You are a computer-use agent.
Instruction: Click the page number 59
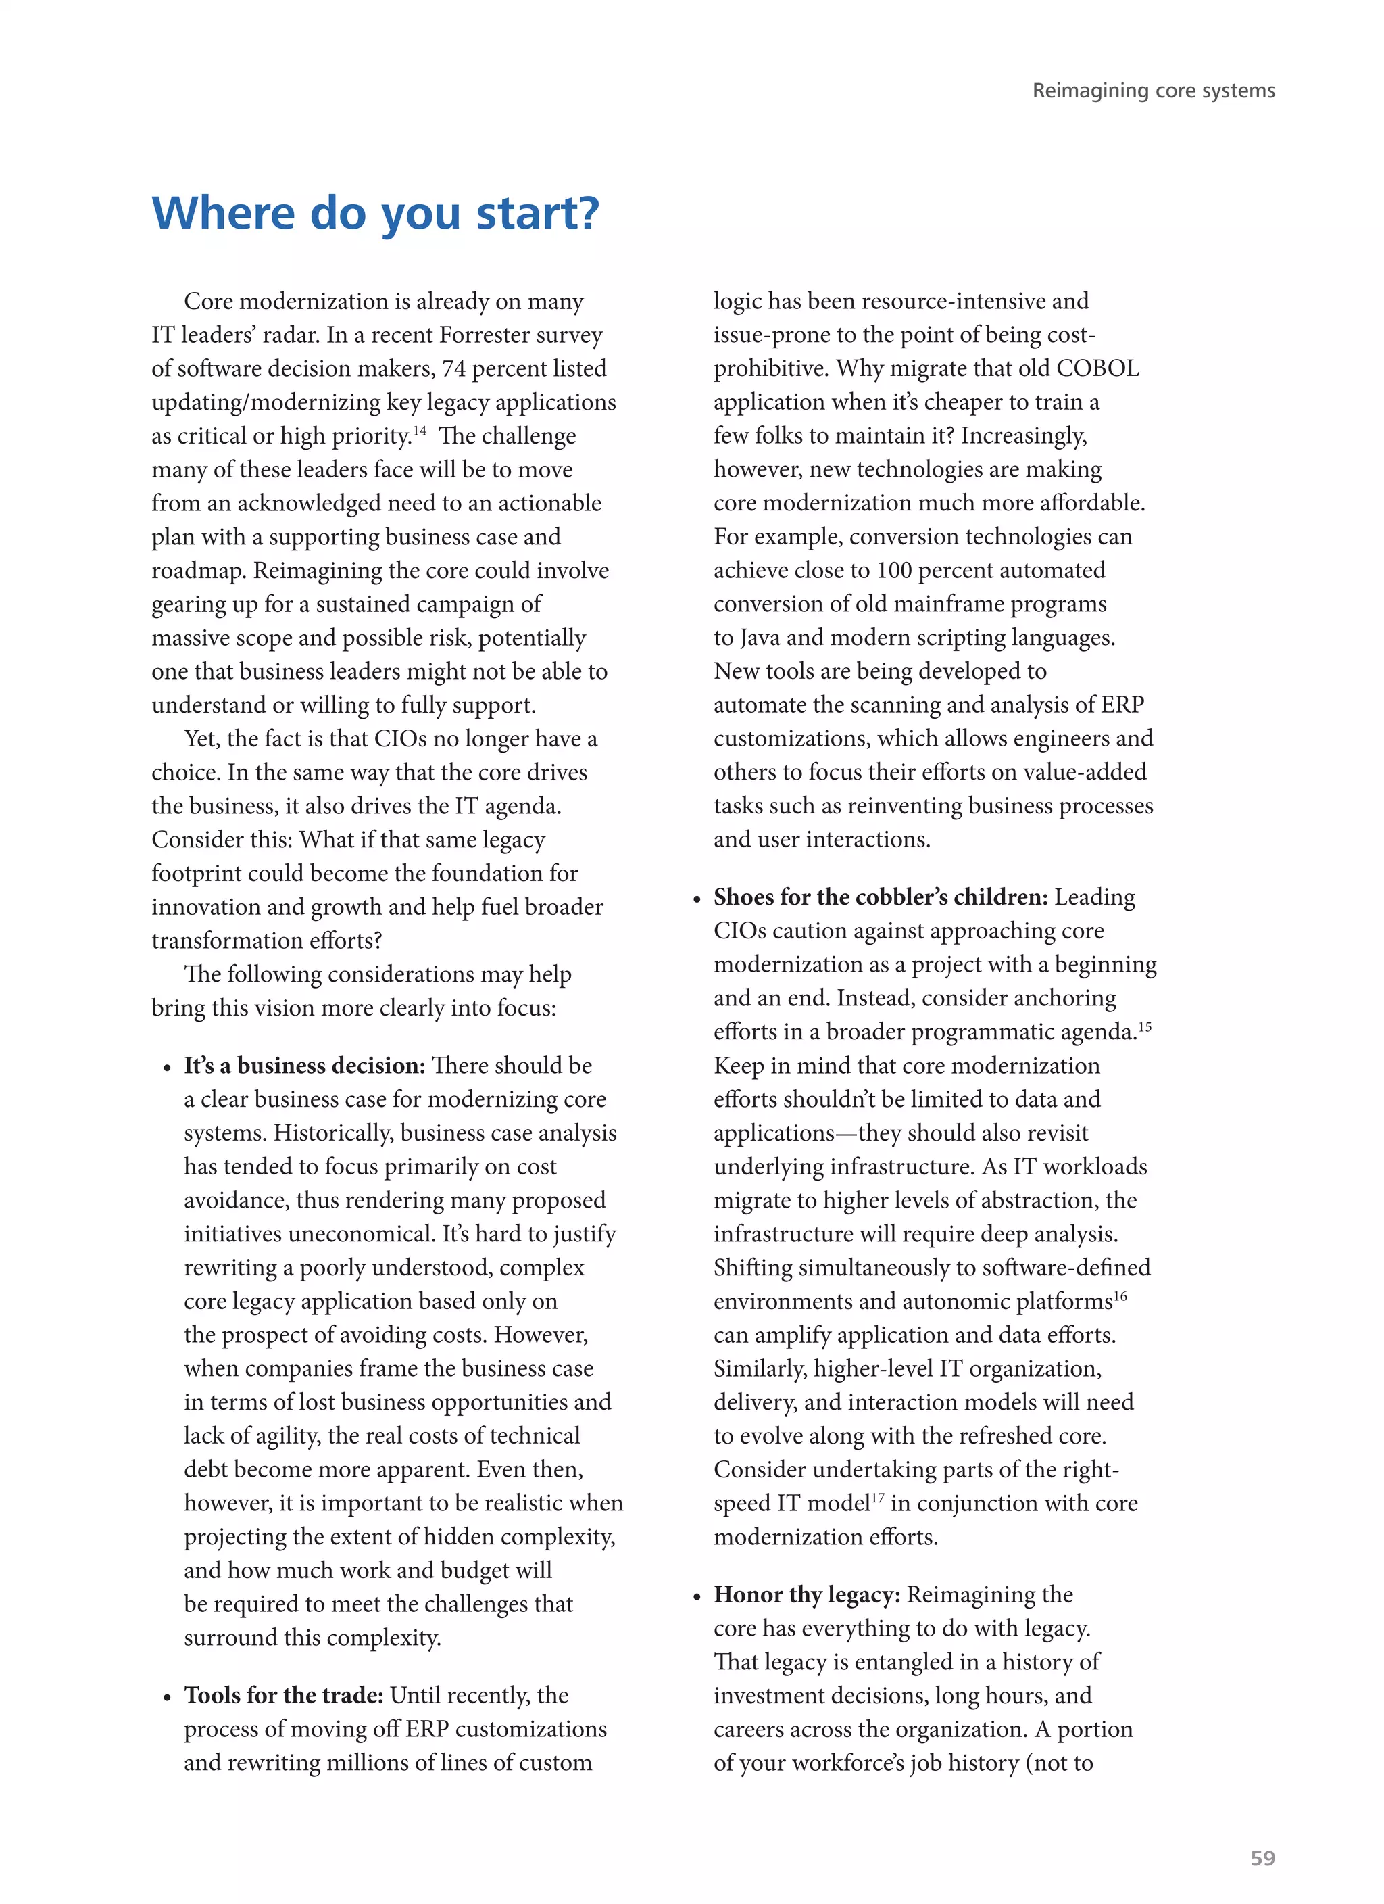point(1262,1858)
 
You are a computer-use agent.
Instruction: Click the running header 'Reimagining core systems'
point(1153,91)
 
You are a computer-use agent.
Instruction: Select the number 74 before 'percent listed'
point(454,368)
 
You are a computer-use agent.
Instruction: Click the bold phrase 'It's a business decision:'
point(305,1066)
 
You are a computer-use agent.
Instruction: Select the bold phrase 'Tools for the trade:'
point(284,1695)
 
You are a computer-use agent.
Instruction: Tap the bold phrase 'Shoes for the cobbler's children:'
point(881,897)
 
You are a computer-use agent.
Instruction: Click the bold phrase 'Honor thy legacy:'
point(807,1594)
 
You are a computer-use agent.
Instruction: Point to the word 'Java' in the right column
point(760,638)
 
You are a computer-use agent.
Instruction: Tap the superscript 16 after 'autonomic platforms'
point(1120,1296)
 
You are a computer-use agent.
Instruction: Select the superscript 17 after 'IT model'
point(877,1498)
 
